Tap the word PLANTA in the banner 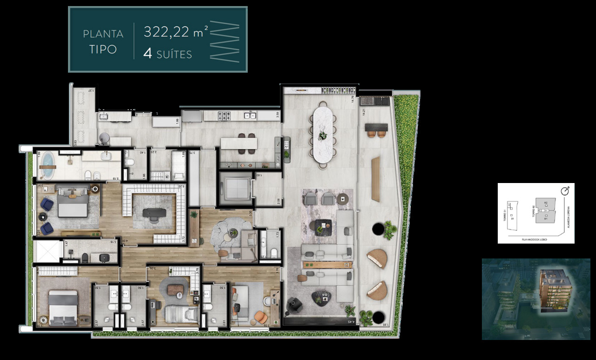pyautogui.click(x=103, y=34)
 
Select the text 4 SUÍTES pyautogui.click(x=167, y=54)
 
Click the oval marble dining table pyautogui.click(x=322, y=135)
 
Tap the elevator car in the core pyautogui.click(x=235, y=189)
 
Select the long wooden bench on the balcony pyautogui.click(x=376, y=179)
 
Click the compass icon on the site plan pyautogui.click(x=565, y=190)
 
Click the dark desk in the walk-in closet pyautogui.click(x=154, y=212)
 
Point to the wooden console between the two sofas pyautogui.click(x=325, y=265)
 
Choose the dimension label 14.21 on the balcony pyautogui.click(x=363, y=112)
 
